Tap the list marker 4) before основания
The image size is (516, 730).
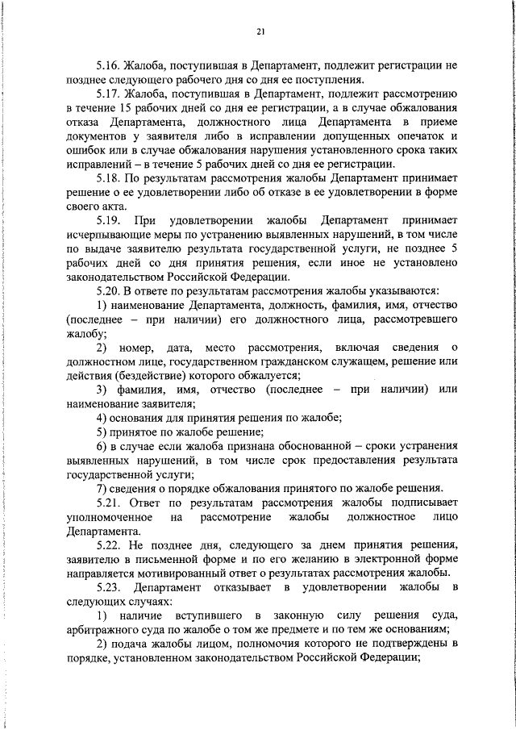(102, 416)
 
